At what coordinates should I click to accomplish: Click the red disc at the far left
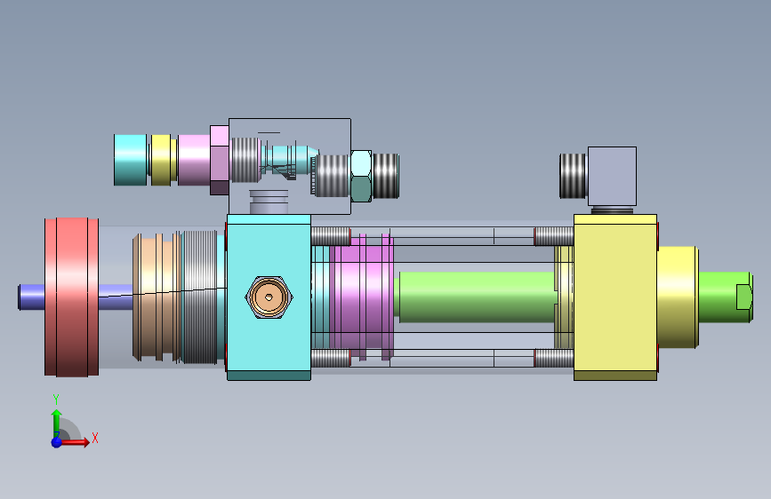72,297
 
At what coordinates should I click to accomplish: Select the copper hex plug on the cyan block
269,297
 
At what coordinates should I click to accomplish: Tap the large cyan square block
269,297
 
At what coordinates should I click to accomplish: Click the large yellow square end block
615,297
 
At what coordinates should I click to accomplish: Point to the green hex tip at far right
744,297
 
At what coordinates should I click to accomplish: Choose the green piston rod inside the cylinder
477,297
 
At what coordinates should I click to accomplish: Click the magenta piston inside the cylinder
362,297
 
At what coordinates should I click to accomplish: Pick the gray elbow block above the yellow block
612,176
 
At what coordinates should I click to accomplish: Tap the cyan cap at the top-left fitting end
131,160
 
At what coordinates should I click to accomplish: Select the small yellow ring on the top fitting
161,160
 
